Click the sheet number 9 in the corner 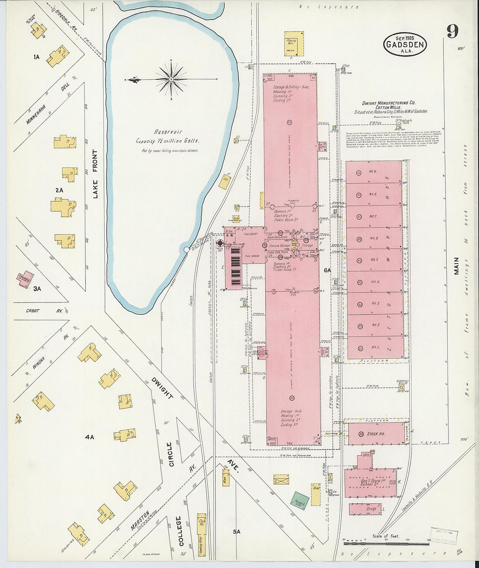coord(452,31)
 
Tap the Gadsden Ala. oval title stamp coord(405,44)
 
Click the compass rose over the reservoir coord(171,79)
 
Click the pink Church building coord(26,278)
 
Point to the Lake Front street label coord(95,174)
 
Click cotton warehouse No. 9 coord(373,172)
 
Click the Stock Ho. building coord(375,434)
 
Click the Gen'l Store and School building coord(370,482)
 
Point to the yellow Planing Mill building coord(294,43)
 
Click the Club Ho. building coord(201,521)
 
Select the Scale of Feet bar coord(386,543)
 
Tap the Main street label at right coord(456,266)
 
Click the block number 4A coord(89,437)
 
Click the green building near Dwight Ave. coord(300,501)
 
